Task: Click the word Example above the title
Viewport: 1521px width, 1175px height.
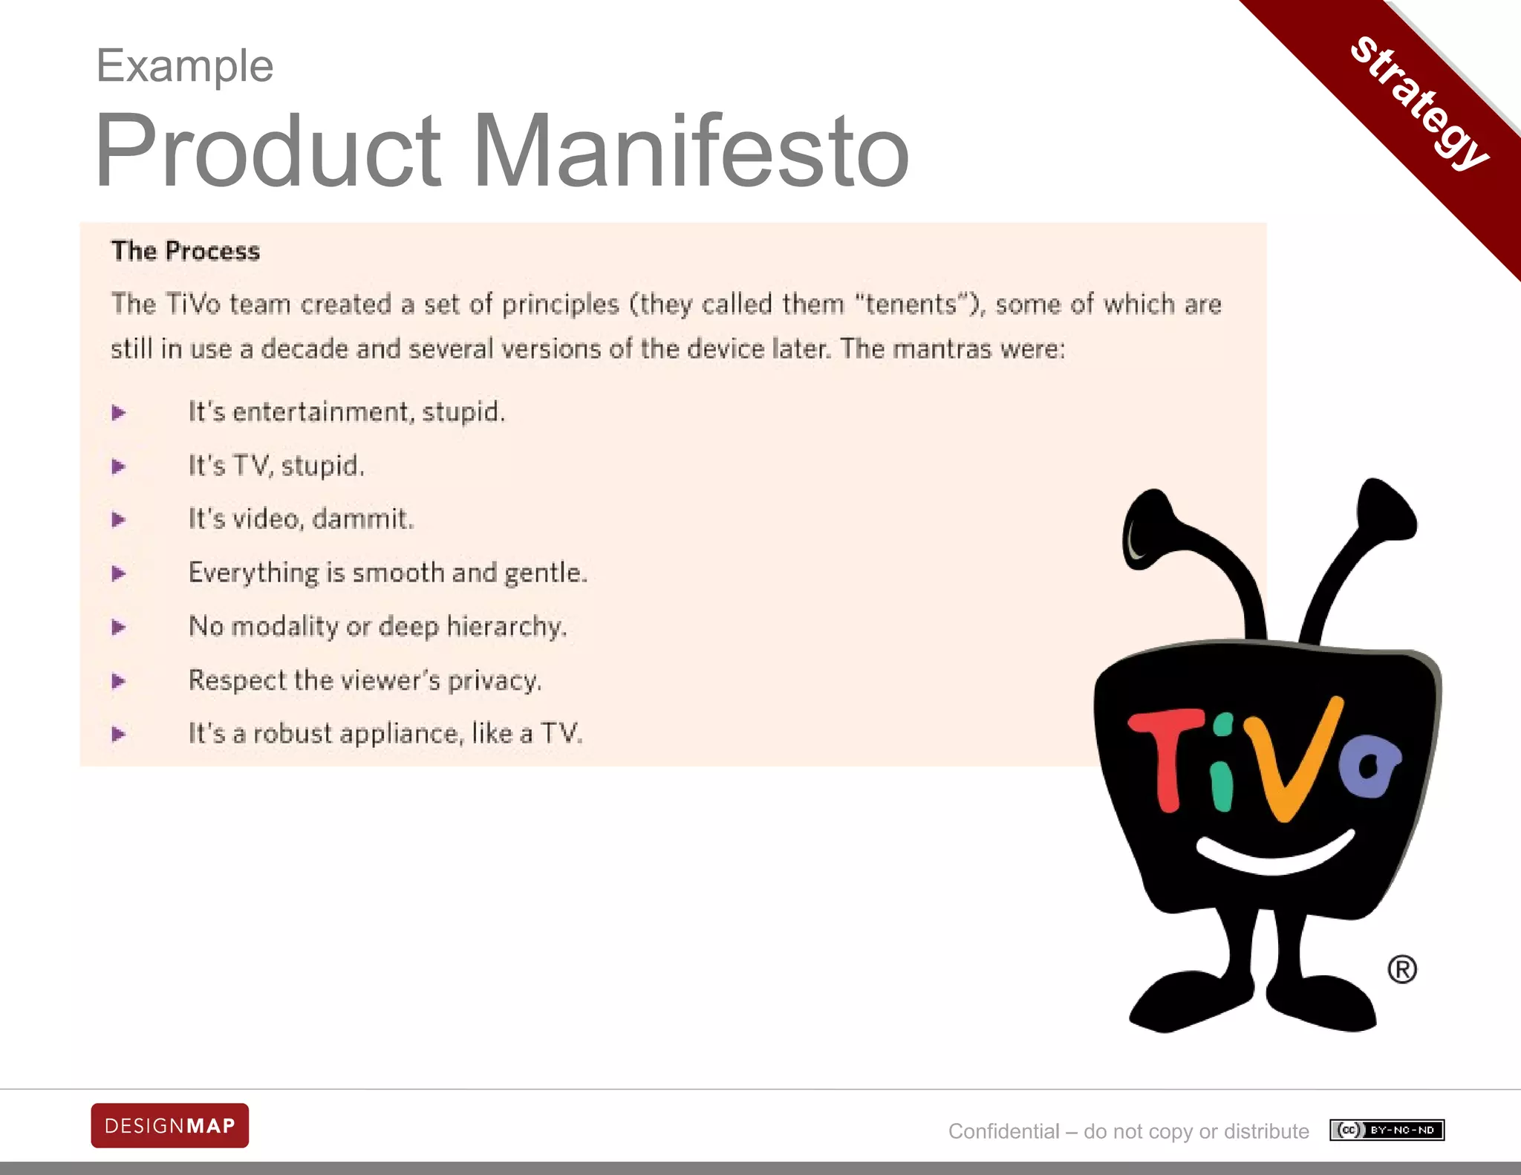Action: (x=185, y=66)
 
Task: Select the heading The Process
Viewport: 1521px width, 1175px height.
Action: (x=186, y=251)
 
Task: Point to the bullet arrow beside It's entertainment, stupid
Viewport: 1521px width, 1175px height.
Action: (x=119, y=412)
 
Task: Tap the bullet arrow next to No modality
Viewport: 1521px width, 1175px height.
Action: (x=119, y=627)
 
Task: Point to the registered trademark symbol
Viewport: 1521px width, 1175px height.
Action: (x=1401, y=969)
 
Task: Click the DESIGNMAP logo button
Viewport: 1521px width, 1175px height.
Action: (x=170, y=1125)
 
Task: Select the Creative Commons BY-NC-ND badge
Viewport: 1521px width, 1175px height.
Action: (x=1387, y=1130)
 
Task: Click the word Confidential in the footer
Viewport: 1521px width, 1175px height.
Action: (x=1003, y=1131)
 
